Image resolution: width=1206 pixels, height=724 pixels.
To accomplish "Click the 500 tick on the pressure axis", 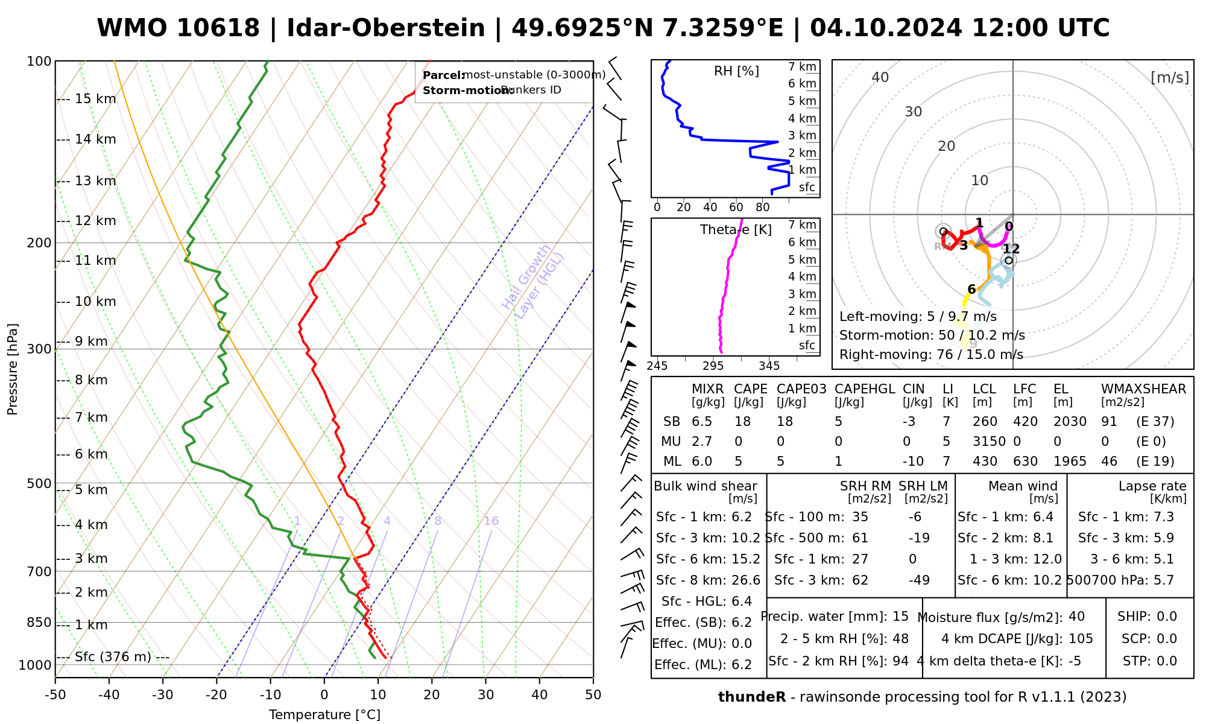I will click(39, 484).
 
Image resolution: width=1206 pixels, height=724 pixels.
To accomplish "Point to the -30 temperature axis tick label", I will click(163, 695).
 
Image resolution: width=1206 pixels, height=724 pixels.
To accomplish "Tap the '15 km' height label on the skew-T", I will click(95, 99).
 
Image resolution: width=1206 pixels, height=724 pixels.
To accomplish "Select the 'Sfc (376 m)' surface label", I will click(113, 657).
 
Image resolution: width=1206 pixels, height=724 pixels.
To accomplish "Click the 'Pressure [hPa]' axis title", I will click(12, 369).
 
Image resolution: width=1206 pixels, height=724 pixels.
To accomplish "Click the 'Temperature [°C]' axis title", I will click(324, 715).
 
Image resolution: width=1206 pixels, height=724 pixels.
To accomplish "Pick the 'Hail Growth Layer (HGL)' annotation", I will click(533, 281).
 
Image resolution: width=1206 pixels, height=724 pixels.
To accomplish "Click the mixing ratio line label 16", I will click(491, 521).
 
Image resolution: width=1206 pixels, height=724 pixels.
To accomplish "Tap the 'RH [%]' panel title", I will click(736, 71).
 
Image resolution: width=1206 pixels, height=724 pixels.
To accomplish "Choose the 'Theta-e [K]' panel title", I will click(736, 230).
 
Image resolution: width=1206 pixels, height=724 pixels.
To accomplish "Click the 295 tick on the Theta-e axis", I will click(713, 366).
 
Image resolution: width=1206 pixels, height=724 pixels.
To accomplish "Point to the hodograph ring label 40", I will click(880, 77).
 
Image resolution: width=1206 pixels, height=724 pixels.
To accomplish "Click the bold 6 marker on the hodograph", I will click(971, 290).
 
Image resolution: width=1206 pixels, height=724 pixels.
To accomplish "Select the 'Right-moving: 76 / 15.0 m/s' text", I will click(931, 354).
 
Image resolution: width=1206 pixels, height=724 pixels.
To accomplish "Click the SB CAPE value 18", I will click(743, 422).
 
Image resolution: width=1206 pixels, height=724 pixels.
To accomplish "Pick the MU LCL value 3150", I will click(989, 442).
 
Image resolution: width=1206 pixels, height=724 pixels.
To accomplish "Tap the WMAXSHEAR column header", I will click(1143, 389).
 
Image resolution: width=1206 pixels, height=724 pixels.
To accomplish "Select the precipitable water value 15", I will click(900, 617).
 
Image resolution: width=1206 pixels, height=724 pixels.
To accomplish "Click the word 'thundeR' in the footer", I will click(751, 697).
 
